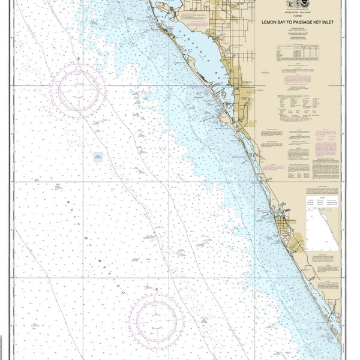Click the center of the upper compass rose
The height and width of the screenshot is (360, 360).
(78, 89)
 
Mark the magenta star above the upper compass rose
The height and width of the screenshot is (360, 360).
(79, 58)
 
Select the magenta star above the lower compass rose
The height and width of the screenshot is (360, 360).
(157, 290)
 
